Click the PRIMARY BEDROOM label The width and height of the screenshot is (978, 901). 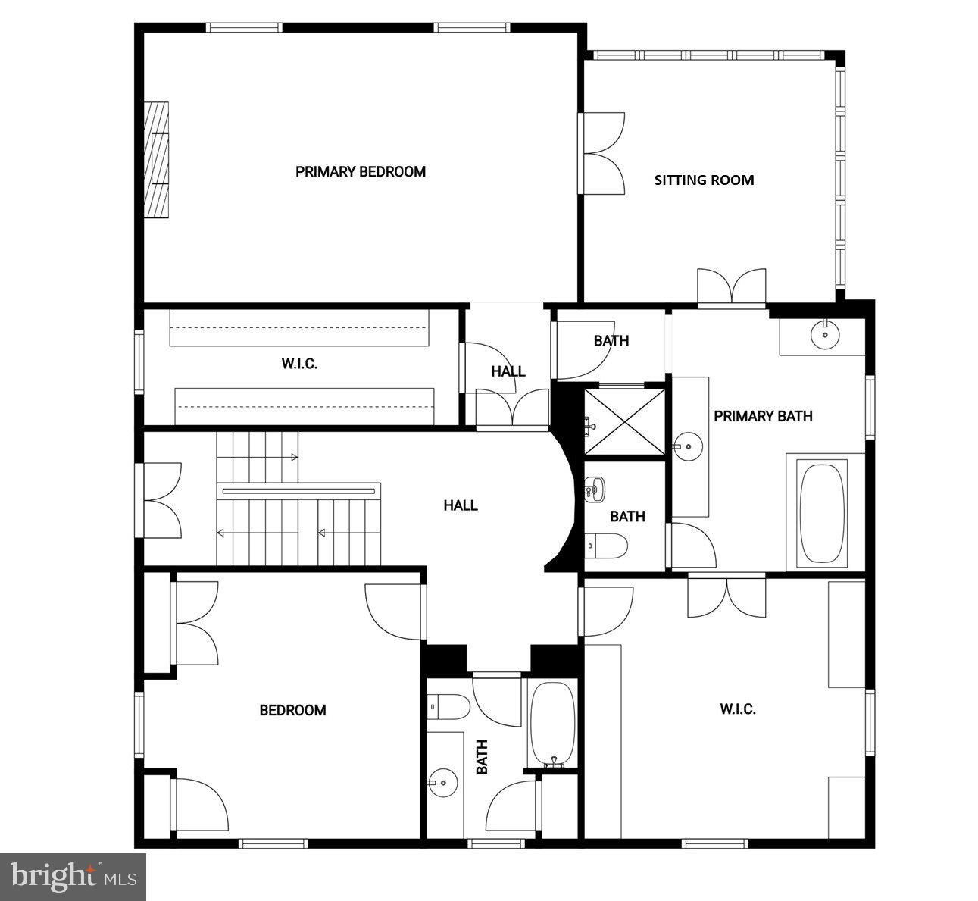pos(361,172)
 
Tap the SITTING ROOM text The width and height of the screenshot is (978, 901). pos(704,180)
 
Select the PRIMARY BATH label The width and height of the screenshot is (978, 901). pos(763,416)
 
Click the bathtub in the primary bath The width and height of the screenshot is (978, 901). pos(822,513)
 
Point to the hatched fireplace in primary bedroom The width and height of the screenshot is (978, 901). pos(156,159)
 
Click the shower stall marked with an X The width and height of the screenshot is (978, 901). pos(624,421)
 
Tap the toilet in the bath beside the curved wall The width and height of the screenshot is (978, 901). pos(606,546)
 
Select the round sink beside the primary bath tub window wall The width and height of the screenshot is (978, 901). pos(825,335)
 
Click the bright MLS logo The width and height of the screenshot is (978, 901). pos(73,877)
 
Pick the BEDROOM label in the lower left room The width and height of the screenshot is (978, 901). pos(292,710)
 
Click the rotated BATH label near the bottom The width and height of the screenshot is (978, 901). pos(482,756)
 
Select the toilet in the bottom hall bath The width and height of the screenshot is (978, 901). pos(448,706)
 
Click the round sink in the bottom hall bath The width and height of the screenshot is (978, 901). pos(442,783)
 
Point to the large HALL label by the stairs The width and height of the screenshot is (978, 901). pos(461,505)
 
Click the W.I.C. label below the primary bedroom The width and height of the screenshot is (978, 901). pos(299,364)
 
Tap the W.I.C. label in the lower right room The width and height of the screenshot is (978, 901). pos(738,709)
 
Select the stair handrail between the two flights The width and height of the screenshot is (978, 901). pos(298,491)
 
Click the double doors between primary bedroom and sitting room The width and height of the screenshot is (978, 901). pos(601,154)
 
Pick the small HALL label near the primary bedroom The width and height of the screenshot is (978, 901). pos(508,371)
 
